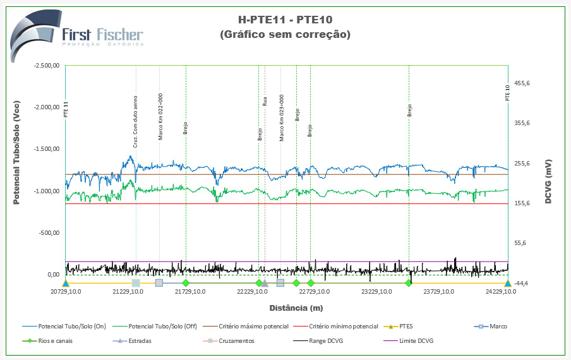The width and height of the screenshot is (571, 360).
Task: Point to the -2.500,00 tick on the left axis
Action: click(x=47, y=66)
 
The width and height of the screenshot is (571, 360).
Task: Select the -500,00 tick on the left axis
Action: click(x=49, y=232)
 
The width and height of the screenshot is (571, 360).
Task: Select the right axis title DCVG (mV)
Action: click(x=550, y=181)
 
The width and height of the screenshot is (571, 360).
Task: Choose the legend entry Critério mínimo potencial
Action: click(x=344, y=327)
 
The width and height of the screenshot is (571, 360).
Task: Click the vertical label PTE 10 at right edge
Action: click(x=507, y=93)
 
